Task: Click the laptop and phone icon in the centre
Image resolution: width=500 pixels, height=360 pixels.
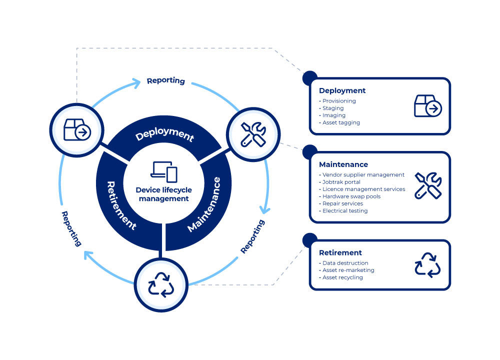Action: (x=164, y=171)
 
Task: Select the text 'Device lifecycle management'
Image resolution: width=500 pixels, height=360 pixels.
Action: (x=164, y=194)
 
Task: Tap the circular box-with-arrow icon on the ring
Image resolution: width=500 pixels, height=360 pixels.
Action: (x=77, y=129)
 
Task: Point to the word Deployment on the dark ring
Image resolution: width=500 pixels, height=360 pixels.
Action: (x=164, y=134)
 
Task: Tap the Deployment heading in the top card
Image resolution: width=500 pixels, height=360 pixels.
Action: (x=342, y=91)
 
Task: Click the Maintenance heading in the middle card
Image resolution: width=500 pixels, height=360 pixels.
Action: (x=343, y=164)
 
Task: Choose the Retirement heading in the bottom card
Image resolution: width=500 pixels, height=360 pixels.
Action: (x=340, y=252)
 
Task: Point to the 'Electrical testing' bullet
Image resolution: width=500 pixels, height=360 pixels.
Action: (x=344, y=211)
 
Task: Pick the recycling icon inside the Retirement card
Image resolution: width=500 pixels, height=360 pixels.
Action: (x=427, y=264)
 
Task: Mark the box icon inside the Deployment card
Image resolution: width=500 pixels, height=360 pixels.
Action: (x=428, y=106)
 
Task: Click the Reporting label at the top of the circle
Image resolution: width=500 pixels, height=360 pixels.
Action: (x=165, y=80)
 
